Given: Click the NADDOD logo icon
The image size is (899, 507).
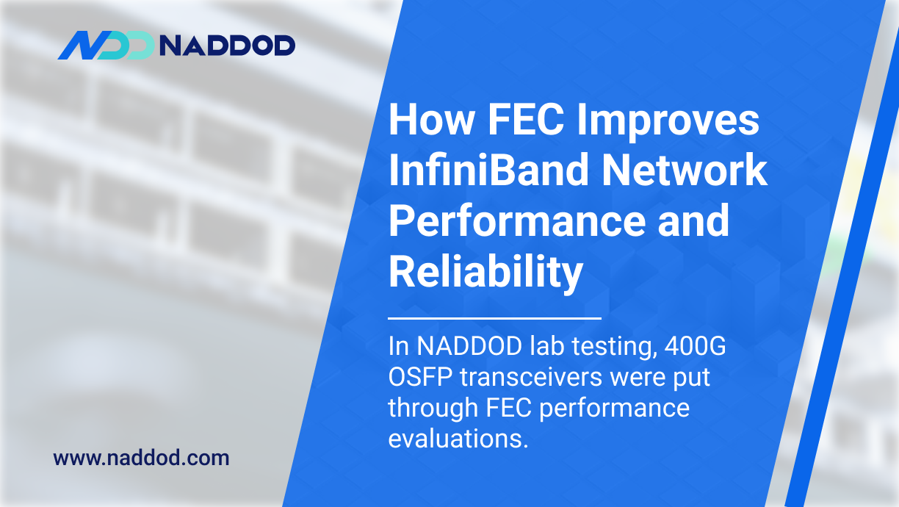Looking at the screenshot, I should (105, 46).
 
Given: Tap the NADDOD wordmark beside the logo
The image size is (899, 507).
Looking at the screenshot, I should (227, 46).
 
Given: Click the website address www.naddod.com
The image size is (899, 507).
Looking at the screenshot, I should (141, 459).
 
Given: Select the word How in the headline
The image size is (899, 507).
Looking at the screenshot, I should (425, 121).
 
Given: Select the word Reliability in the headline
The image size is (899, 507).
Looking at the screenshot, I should (485, 273).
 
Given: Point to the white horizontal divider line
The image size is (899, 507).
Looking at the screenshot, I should (494, 319).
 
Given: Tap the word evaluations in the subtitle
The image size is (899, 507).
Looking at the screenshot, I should (458, 438).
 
